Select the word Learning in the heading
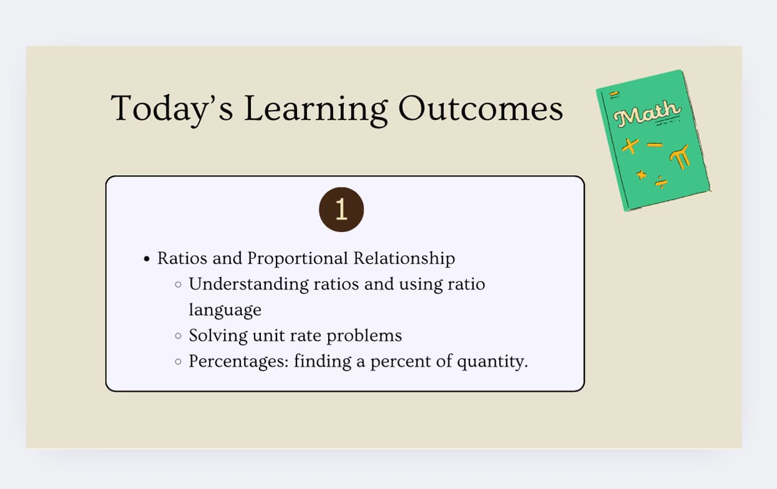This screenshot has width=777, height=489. coord(315,109)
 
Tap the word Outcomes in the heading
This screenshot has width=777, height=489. coord(481,109)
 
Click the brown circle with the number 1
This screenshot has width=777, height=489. coord(341,210)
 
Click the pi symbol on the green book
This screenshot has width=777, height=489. coord(680,155)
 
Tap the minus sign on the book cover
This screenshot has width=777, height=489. coord(654,145)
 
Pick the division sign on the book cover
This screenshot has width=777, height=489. coord(662,183)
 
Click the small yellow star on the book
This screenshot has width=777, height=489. coord(641,175)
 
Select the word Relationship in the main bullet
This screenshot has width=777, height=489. coord(404,258)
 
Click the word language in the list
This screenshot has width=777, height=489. coord(225,310)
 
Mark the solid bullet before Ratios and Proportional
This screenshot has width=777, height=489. coord(147,259)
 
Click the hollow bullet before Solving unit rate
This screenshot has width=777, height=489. coord(178,336)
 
